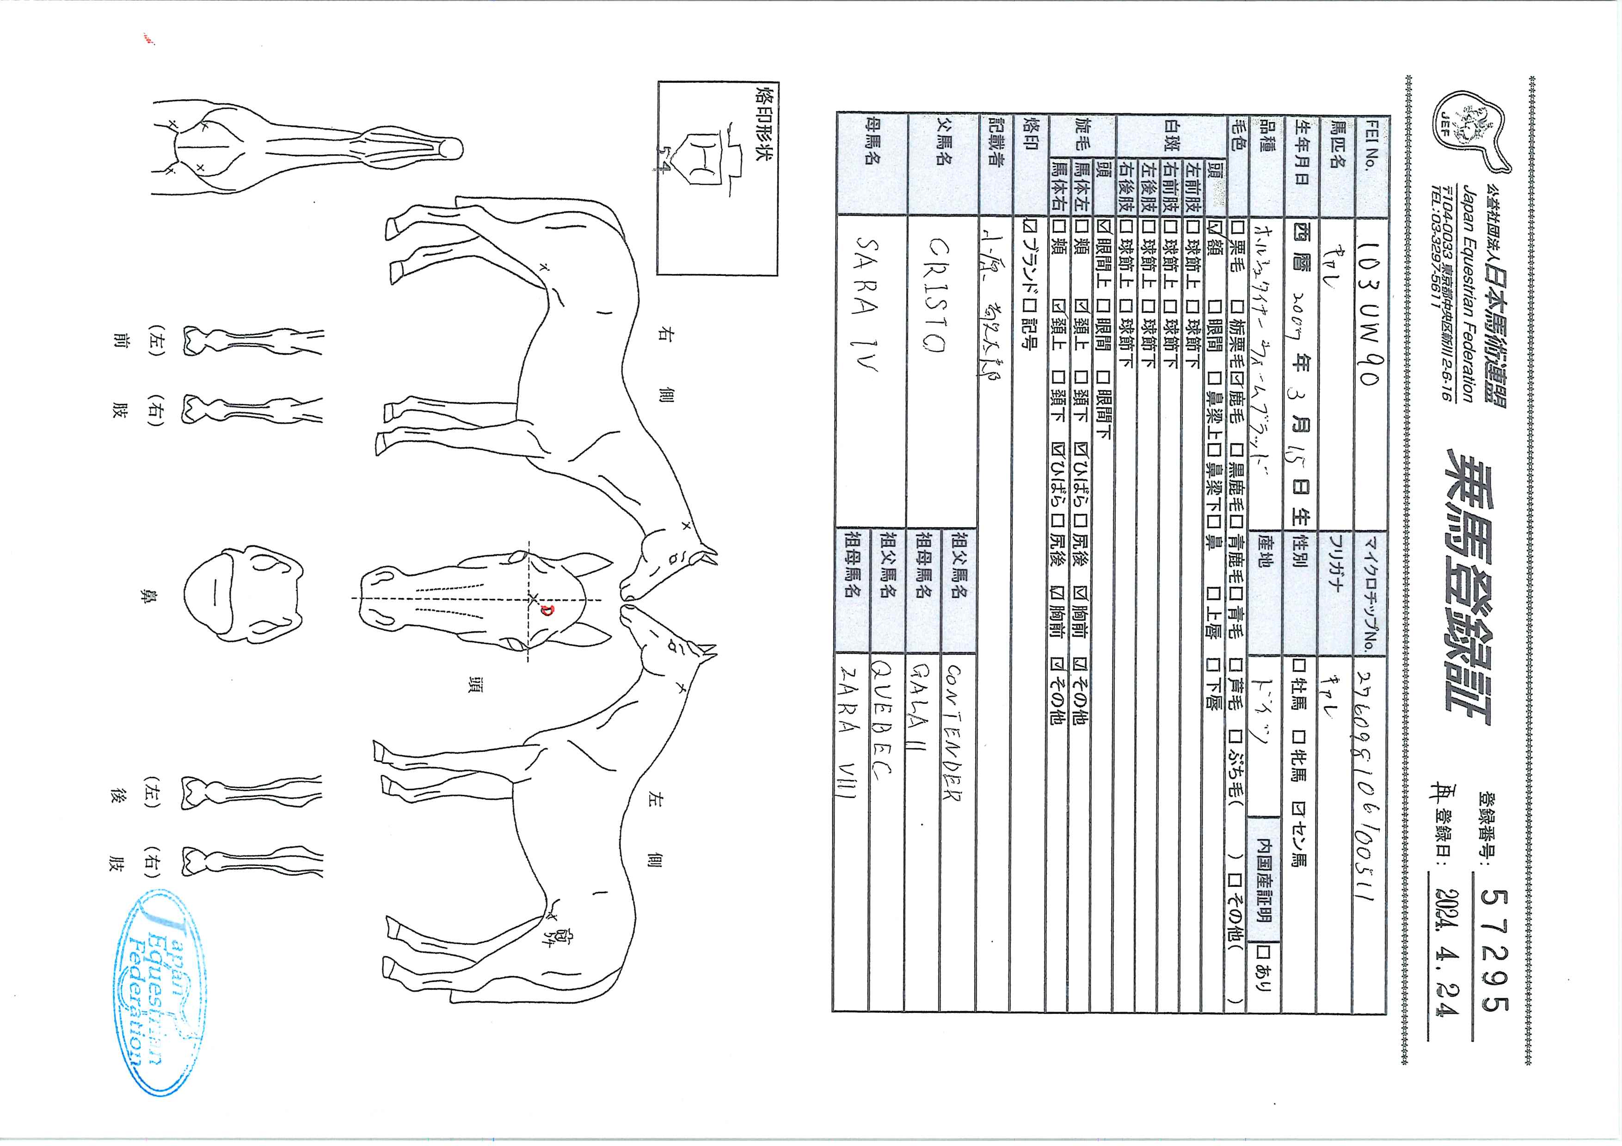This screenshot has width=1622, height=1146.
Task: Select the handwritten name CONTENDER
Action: [x=955, y=732]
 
